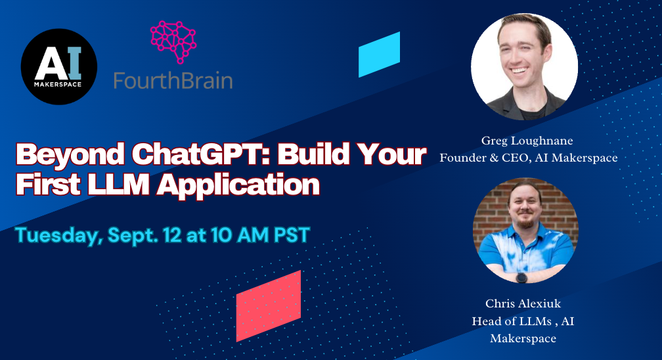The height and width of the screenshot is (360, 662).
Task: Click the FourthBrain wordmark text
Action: pos(173,81)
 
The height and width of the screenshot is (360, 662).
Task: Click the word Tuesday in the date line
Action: pos(56,235)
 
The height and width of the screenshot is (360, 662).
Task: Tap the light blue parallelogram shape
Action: pos(379,54)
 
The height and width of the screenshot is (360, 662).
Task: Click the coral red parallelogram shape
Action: pos(268,305)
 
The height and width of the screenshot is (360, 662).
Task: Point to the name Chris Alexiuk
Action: pos(523,304)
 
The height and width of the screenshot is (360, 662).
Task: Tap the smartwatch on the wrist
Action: pos(521,277)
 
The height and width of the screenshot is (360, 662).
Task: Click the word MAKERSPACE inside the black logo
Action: pos(58,83)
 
